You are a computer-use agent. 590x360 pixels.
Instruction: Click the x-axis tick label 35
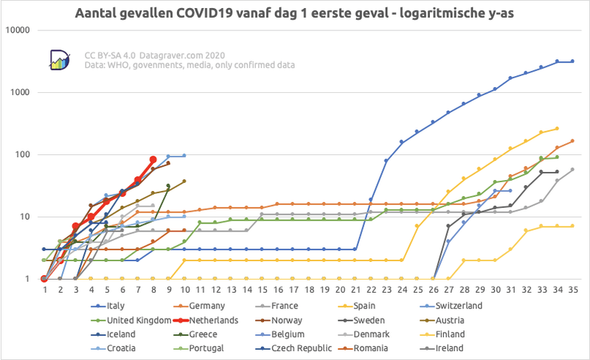pyautogui.click(x=572, y=290)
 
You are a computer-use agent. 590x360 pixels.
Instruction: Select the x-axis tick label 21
pyautogui.click(x=355, y=290)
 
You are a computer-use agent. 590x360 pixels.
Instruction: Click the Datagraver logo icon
pyautogui.click(x=60, y=60)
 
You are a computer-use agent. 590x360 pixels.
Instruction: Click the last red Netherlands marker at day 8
pyautogui.click(x=153, y=159)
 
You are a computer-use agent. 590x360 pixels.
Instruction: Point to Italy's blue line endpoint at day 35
pyautogui.click(x=572, y=61)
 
